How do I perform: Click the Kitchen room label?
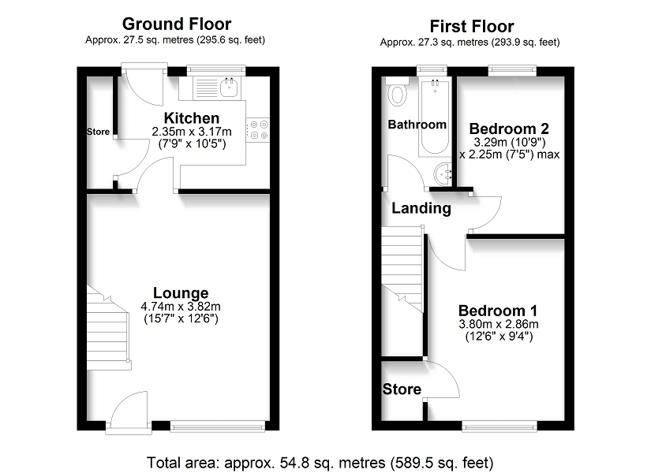click(x=192, y=117)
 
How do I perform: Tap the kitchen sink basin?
click(x=229, y=88)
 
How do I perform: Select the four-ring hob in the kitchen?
click(x=258, y=129)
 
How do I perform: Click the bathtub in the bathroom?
click(x=434, y=117)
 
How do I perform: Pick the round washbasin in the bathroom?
click(x=443, y=174)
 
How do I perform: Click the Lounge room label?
click(x=181, y=293)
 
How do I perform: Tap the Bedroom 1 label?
click(x=498, y=311)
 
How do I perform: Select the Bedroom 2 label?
click(x=509, y=128)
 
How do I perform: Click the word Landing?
click(x=421, y=208)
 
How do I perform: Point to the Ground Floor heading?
click(x=177, y=24)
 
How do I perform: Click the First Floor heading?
click(x=472, y=27)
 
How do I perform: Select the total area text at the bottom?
click(x=320, y=462)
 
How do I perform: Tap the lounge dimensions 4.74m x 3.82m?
click(x=181, y=307)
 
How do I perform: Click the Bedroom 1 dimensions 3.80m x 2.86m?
click(x=499, y=324)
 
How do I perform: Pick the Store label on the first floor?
click(x=402, y=389)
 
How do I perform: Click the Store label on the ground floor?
click(x=99, y=132)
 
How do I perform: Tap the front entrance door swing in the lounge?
click(x=129, y=408)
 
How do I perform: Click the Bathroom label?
click(x=417, y=125)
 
